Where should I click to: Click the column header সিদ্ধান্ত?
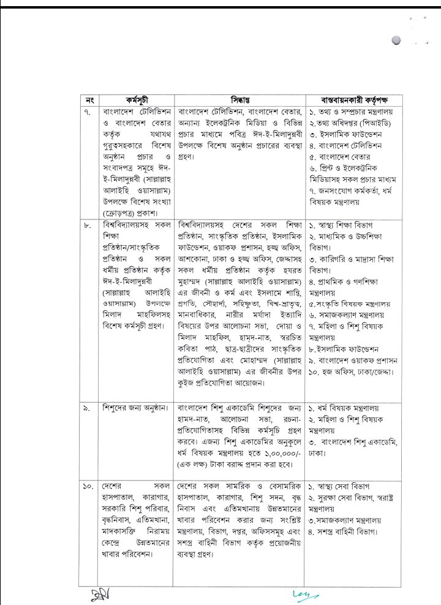[x=240, y=99]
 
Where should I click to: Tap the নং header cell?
[x=89, y=99]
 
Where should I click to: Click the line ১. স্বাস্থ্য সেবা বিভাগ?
[x=344, y=487]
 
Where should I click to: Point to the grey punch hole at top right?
[x=397, y=41]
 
